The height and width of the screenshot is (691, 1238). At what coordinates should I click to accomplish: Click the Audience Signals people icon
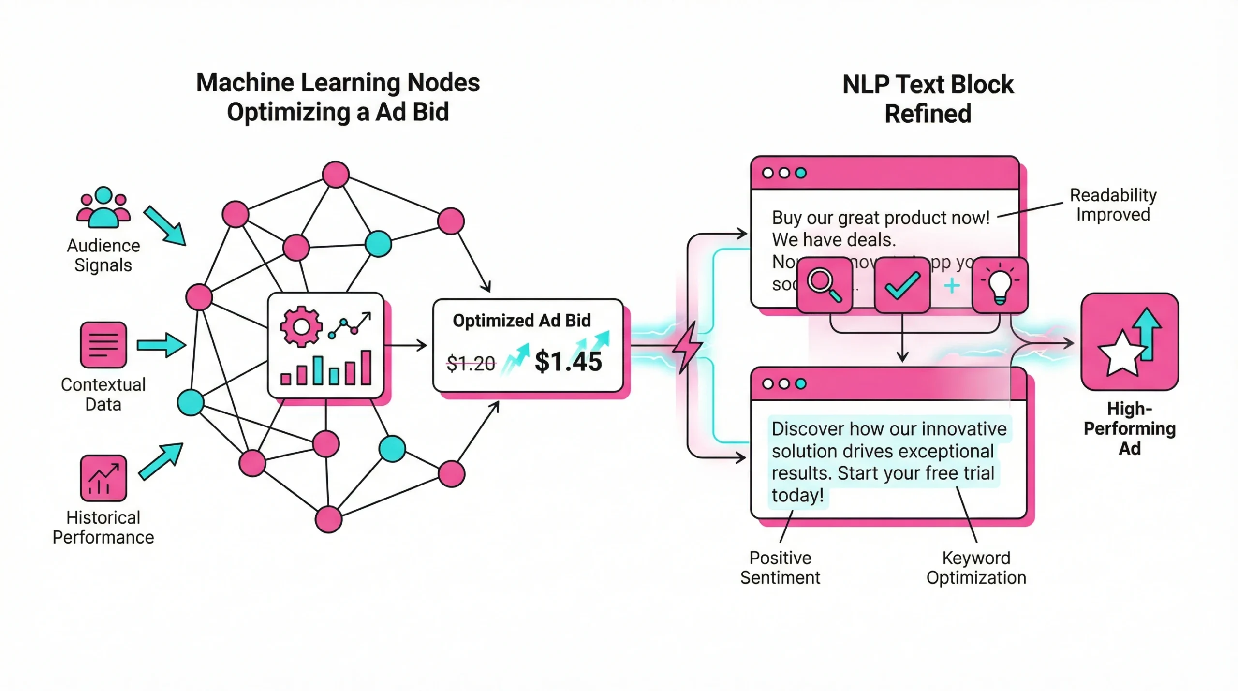pyautogui.click(x=103, y=207)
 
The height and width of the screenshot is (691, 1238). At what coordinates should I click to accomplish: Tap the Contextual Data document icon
pyautogui.click(x=103, y=345)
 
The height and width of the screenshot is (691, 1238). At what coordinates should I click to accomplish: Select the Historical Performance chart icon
pyautogui.click(x=103, y=478)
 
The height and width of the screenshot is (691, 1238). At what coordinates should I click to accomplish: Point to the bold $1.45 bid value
pyautogui.click(x=568, y=361)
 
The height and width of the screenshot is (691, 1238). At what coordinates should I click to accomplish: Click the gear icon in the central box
pyautogui.click(x=301, y=327)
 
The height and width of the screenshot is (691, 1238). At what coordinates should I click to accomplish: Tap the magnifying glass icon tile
pyautogui.click(x=824, y=285)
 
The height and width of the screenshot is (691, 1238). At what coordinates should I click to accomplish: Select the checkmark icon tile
pyautogui.click(x=902, y=285)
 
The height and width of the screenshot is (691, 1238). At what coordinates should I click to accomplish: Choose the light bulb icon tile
pyautogui.click(x=1000, y=285)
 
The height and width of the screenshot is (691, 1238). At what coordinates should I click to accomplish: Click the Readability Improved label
pyautogui.click(x=1113, y=205)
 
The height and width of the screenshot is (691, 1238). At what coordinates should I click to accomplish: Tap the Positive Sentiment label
pyautogui.click(x=780, y=568)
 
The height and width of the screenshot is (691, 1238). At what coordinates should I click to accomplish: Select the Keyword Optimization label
pyautogui.click(x=976, y=568)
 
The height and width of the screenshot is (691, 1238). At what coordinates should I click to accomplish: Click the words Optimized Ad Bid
pyautogui.click(x=521, y=321)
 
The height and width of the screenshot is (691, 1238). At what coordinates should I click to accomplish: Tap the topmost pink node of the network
pyautogui.click(x=336, y=175)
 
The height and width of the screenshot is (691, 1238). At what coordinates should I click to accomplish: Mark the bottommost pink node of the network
pyautogui.click(x=328, y=519)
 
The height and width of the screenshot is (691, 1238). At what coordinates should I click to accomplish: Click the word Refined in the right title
pyautogui.click(x=928, y=114)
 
